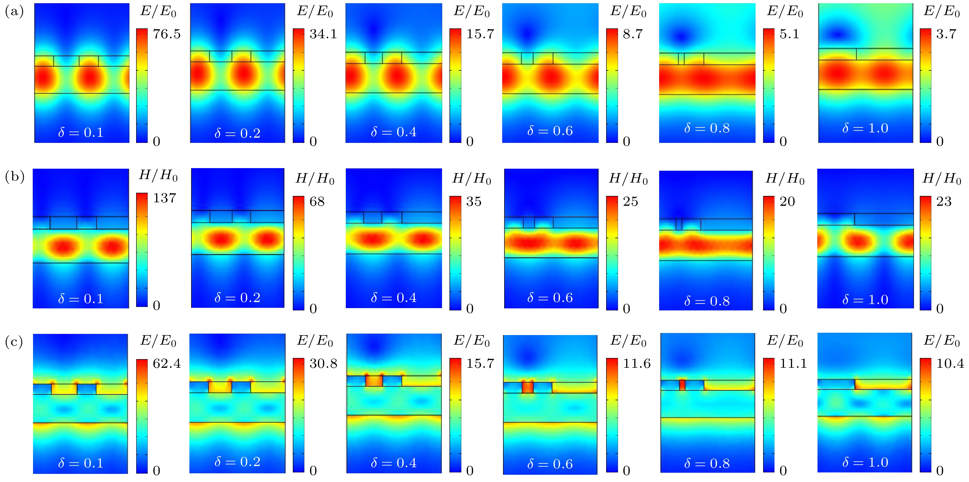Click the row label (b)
tap(14, 177)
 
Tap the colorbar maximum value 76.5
tap(167, 34)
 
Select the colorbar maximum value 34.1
tap(323, 34)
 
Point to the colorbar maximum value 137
tap(164, 198)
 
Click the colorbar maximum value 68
tap(317, 201)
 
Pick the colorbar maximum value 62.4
tap(167, 363)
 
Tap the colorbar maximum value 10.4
tap(950, 363)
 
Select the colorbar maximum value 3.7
tap(946, 34)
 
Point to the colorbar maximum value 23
tap(944, 201)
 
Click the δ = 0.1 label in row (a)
tap(81, 132)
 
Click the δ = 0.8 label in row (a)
tap(707, 128)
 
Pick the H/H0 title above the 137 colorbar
tap(158, 175)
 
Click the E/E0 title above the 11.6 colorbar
tap(628, 341)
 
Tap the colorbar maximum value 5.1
tap(789, 34)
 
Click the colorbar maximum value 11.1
tap(793, 363)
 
